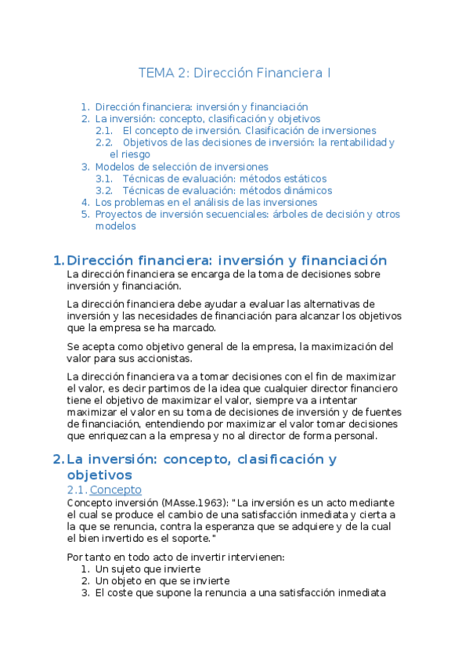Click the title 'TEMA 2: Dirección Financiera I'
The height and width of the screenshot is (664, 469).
[234, 73]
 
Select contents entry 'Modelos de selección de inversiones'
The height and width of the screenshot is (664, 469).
[182, 167]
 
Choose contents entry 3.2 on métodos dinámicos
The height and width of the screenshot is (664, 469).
[228, 190]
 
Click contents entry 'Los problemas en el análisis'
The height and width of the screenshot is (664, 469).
[206, 202]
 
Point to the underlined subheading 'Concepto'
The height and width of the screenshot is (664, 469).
[116, 490]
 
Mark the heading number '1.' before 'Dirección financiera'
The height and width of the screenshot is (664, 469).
[57, 261]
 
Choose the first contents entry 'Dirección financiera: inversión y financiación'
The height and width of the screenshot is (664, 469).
[201, 106]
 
